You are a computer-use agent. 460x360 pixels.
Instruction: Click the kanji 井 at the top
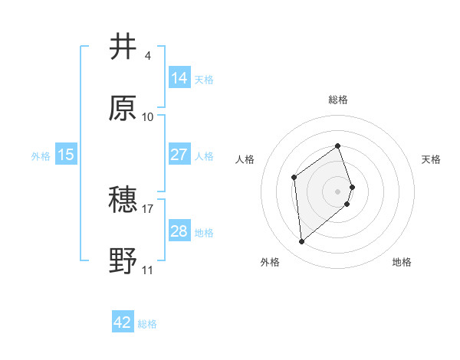pos(123,47)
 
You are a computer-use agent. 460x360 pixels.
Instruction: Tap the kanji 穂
pos(123,200)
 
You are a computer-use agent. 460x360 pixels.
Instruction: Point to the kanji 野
pos(123,261)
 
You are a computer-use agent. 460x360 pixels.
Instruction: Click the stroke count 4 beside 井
pos(147,56)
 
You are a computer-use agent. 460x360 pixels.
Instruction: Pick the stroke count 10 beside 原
pos(147,117)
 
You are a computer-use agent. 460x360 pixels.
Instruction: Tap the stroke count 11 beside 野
pos(147,270)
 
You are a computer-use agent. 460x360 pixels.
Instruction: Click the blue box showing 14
pos(179,78)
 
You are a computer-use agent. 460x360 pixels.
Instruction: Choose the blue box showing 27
pos(179,155)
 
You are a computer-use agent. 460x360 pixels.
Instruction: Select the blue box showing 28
pos(179,231)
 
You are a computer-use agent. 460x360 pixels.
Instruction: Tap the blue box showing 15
pos(66,155)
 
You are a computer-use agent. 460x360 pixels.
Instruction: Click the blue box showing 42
pos(123,322)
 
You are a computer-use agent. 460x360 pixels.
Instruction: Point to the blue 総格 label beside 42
pos(148,324)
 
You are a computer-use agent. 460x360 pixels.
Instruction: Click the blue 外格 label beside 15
pos(41,156)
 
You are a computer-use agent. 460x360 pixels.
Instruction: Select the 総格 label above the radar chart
pos(338,100)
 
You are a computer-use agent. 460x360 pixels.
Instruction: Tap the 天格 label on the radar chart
pos(431,159)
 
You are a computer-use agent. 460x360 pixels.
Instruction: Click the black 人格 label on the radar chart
pos(245,159)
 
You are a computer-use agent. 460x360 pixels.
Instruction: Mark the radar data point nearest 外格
pos(302,242)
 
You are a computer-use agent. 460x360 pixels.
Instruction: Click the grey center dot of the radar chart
pos(338,191)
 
